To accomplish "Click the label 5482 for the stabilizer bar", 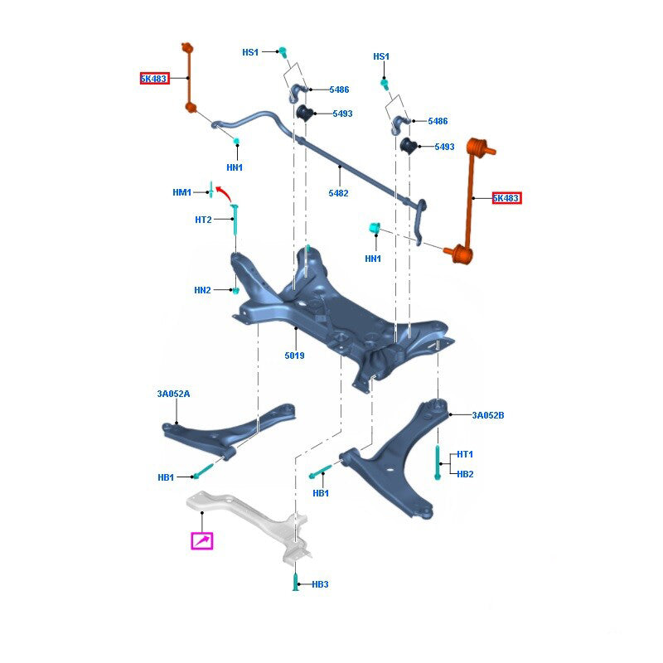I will [x=338, y=193].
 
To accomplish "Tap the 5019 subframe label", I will [x=294, y=356].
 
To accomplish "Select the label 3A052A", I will [x=173, y=394].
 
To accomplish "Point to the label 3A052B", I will [x=488, y=415].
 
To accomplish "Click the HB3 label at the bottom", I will [x=320, y=584].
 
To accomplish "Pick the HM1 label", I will [x=181, y=193].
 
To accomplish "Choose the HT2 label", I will [x=203, y=220].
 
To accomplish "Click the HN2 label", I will [x=202, y=290].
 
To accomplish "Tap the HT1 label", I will [x=465, y=454].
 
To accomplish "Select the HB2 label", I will [x=465, y=474].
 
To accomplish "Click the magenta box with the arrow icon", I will [x=202, y=541].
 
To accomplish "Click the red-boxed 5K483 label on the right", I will [x=506, y=198].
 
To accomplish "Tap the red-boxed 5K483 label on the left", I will [x=153, y=79].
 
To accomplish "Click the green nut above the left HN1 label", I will [x=237, y=138].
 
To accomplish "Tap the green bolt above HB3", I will [x=297, y=580].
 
